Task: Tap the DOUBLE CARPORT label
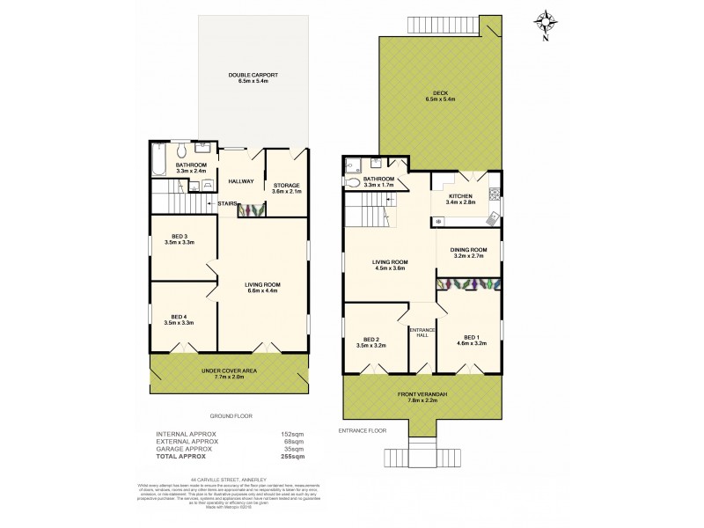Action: point(253,76)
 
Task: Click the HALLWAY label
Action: point(240,181)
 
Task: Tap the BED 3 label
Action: point(179,238)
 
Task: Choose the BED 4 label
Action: point(179,319)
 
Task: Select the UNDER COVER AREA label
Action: point(230,371)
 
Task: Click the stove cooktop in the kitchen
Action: point(495,193)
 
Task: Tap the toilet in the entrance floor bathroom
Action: point(354,183)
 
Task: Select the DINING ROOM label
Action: point(468,250)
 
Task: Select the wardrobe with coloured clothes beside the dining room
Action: point(469,284)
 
